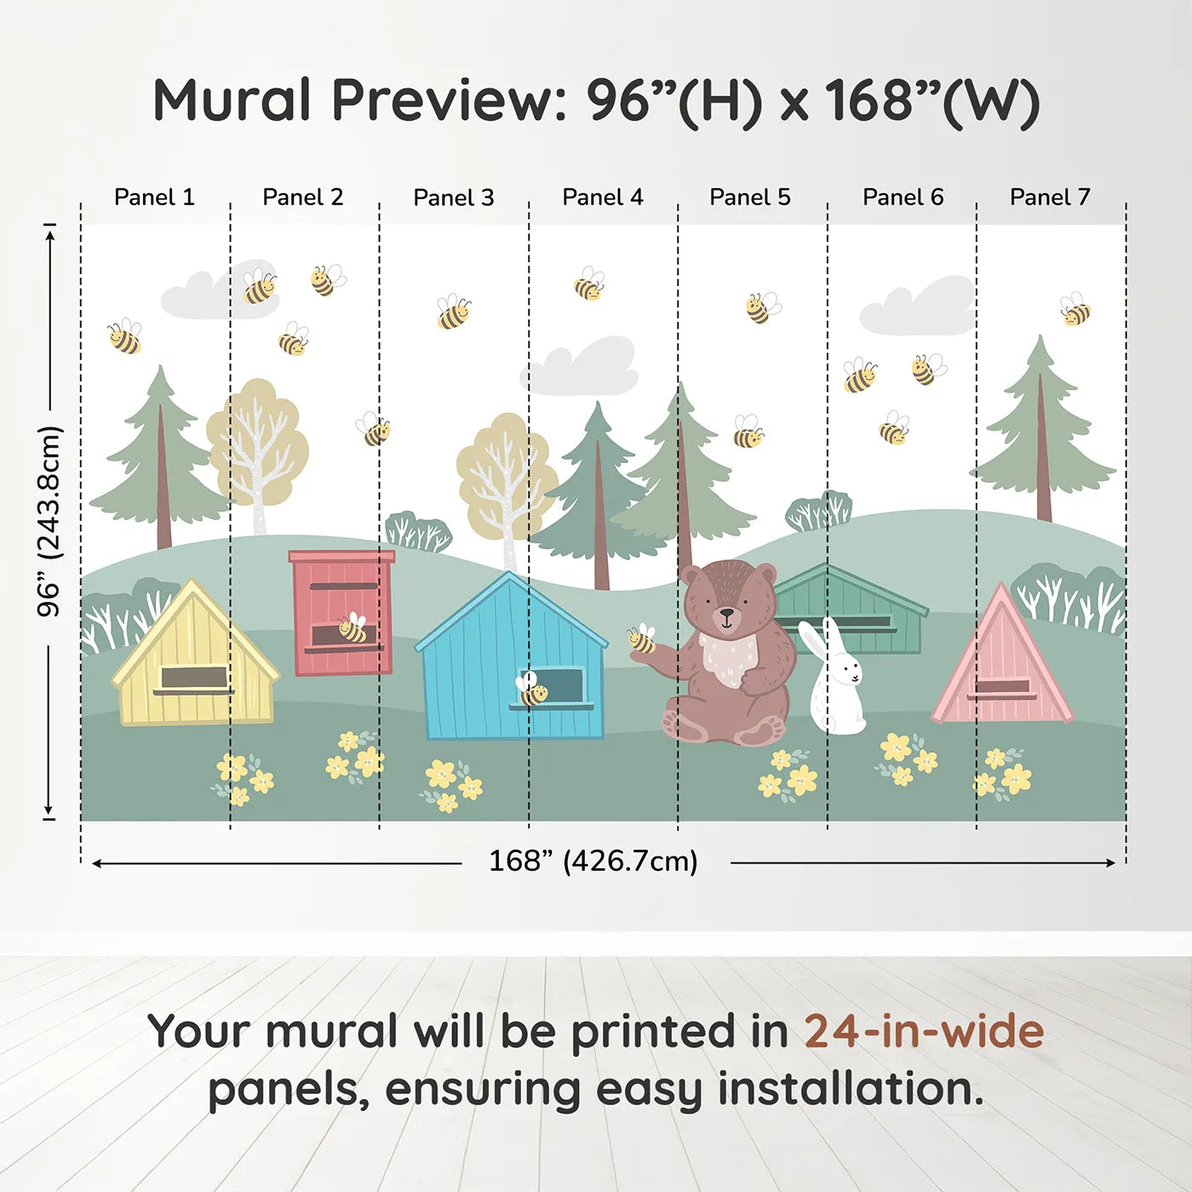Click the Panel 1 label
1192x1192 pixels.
click(154, 198)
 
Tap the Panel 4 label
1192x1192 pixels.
click(602, 198)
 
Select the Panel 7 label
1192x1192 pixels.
click(1049, 198)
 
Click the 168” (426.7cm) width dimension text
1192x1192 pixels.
click(593, 861)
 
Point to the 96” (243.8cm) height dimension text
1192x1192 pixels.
click(49, 521)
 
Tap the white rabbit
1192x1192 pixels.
click(834, 681)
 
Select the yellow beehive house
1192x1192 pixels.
click(195, 660)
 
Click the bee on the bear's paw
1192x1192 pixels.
click(641, 639)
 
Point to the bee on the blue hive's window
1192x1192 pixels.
click(532, 691)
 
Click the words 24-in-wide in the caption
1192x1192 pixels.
click(924, 1031)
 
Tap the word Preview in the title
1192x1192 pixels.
click(443, 100)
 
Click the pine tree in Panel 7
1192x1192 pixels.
click(1041, 434)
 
